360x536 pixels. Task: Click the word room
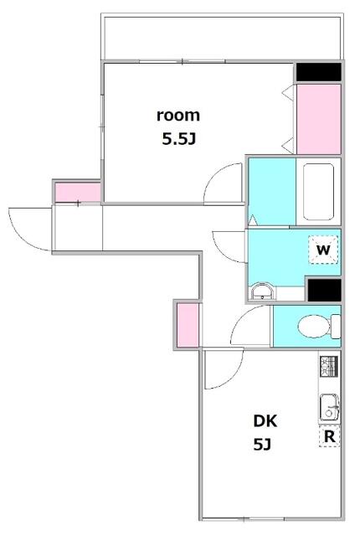tap(178, 116)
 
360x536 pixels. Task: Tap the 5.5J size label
tap(178, 139)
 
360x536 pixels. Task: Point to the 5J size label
tap(262, 445)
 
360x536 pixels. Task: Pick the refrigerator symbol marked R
tap(329, 436)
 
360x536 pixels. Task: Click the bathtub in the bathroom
tap(319, 191)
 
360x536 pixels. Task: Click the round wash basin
tap(262, 291)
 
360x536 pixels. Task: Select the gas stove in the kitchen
tap(328, 365)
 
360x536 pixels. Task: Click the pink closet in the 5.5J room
tap(319, 119)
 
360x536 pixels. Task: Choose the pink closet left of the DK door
tap(188, 326)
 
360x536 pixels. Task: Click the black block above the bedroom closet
tap(318, 73)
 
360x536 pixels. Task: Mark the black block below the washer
tap(324, 291)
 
